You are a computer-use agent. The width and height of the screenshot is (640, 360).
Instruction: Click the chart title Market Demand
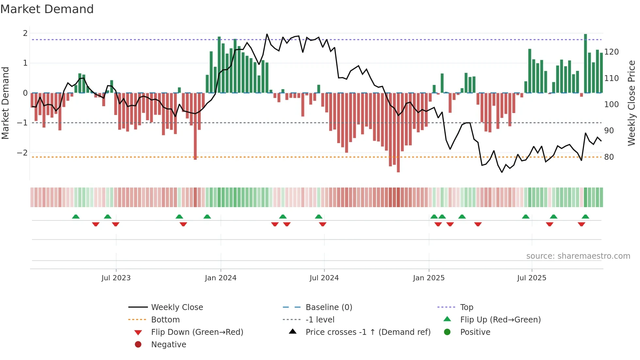[47, 9]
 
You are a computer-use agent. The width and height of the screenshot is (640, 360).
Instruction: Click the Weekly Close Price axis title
[632, 103]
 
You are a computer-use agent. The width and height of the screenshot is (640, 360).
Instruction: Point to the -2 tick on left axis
[22, 153]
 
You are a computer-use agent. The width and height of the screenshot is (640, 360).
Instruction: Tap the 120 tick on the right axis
[611, 52]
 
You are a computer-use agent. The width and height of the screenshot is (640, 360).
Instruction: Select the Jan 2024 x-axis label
[220, 278]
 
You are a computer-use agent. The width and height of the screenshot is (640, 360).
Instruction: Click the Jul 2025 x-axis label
[531, 278]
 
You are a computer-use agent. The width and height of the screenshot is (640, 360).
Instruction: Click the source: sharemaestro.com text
[578, 256]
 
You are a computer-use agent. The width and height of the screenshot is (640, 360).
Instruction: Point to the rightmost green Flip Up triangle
[585, 217]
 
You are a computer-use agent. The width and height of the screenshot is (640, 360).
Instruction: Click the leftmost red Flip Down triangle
[96, 224]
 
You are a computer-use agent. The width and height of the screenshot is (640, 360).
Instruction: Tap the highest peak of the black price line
[267, 34]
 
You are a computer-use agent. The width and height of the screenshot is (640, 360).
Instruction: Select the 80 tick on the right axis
[609, 157]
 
